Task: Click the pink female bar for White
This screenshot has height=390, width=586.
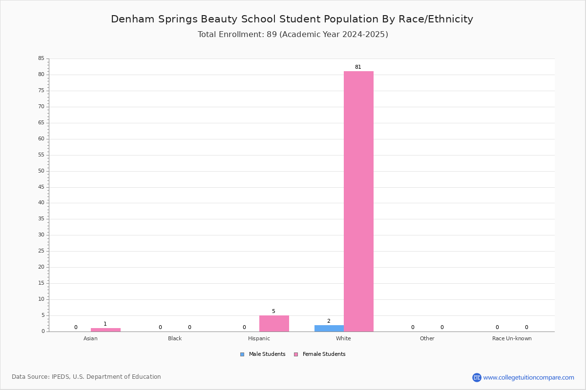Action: [x=358, y=201]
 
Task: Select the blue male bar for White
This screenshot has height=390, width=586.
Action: [x=329, y=329]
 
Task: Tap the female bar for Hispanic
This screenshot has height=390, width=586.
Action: [x=274, y=324]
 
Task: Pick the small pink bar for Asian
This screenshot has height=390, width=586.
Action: [x=105, y=330]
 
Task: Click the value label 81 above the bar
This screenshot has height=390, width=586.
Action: [x=358, y=67]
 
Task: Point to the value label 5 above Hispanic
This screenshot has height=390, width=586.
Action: [x=273, y=311]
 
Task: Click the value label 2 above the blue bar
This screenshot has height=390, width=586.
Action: [x=329, y=321]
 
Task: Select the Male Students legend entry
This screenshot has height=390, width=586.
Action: [x=263, y=354]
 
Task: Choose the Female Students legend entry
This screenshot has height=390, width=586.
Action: [x=320, y=354]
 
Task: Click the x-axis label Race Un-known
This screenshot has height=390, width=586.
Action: [x=512, y=338]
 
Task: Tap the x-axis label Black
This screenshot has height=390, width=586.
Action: [x=175, y=338]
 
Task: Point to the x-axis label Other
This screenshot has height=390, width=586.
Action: [x=427, y=338]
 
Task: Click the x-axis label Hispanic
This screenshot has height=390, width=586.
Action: [x=259, y=338]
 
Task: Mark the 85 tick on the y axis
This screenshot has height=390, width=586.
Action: [x=42, y=58]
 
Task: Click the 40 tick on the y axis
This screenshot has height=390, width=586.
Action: [x=42, y=203]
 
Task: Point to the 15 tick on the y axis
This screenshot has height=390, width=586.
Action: [x=42, y=283]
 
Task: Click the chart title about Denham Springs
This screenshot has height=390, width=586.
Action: [x=292, y=19]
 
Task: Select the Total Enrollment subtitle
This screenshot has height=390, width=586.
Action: [x=293, y=35]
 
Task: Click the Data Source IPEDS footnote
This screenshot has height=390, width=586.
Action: [x=86, y=377]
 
